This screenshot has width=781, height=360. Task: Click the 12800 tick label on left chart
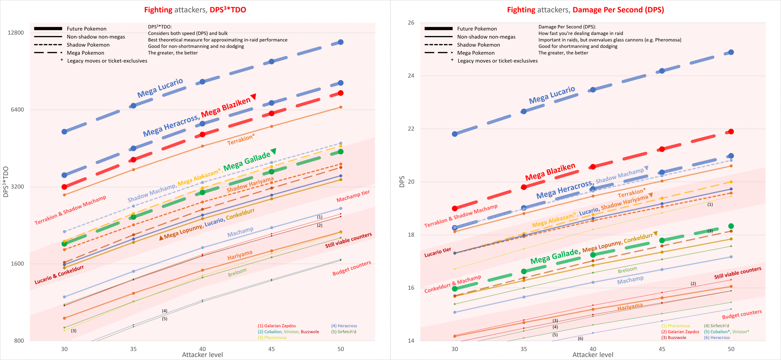click(16, 33)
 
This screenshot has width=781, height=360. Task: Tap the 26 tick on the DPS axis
click(411, 23)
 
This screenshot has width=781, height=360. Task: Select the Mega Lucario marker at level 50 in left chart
click(340, 42)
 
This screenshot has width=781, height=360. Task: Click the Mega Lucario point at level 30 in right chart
click(455, 134)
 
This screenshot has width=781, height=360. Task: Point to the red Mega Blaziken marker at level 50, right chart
click(731, 131)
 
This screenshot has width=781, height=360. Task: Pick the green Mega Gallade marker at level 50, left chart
click(340, 152)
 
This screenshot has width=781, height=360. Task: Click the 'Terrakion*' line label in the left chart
click(241, 139)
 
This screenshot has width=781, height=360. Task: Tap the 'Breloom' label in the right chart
click(627, 270)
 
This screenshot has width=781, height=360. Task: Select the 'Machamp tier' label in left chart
click(353, 196)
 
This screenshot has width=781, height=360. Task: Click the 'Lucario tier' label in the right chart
click(437, 252)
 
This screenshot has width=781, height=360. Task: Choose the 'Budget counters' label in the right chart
click(742, 314)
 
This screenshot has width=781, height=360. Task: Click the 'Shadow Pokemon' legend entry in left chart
click(88, 45)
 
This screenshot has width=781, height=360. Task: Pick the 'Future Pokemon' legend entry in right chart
click(477, 29)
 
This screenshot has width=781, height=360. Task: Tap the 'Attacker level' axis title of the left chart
click(202, 355)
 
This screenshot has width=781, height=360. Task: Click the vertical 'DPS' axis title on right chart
click(402, 182)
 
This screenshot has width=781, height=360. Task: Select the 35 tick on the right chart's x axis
click(524, 349)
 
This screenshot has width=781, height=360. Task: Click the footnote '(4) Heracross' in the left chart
click(344, 326)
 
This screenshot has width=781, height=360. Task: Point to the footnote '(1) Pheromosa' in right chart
click(675, 326)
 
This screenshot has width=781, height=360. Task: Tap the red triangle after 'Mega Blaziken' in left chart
click(253, 97)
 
